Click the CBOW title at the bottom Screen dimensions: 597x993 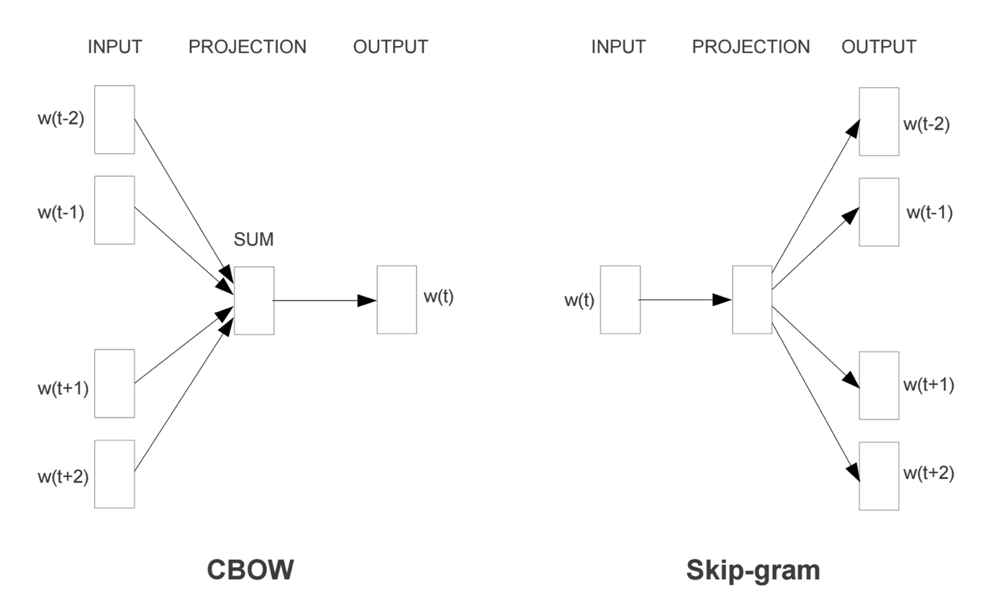(x=250, y=570)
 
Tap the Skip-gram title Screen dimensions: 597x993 (x=753, y=570)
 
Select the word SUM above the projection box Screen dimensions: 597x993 (x=254, y=240)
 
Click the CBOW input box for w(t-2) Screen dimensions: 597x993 (x=114, y=119)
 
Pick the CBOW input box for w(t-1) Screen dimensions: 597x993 (x=114, y=210)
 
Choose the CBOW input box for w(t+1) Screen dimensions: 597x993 (x=114, y=383)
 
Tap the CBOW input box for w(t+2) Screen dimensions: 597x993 (x=114, y=474)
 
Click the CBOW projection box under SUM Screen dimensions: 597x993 (x=254, y=301)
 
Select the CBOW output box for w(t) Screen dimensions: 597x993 (x=396, y=300)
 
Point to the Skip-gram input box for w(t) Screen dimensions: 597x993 (x=620, y=300)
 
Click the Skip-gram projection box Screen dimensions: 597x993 (x=752, y=300)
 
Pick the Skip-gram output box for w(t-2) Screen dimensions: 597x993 (x=879, y=122)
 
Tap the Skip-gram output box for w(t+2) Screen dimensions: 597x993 (x=879, y=476)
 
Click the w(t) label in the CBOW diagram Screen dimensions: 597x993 (x=438, y=296)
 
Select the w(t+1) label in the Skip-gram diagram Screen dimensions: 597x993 (x=928, y=385)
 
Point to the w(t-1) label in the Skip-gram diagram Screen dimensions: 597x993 (x=929, y=213)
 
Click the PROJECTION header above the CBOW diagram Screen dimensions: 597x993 (x=247, y=47)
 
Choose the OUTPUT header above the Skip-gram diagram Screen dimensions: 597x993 (x=879, y=47)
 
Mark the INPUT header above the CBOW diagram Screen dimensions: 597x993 (x=115, y=47)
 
